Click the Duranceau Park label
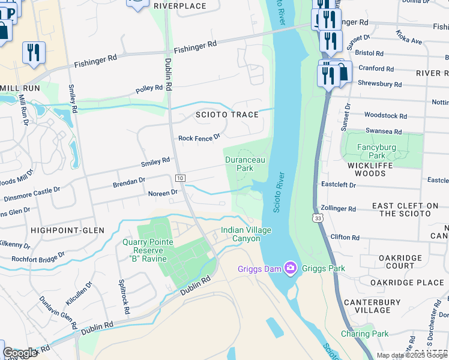(244, 164)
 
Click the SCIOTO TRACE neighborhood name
(227, 115)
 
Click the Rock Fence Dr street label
(200, 138)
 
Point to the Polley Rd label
(149, 88)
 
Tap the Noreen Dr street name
(163, 193)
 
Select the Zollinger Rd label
(339, 209)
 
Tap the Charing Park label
(364, 334)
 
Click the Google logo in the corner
(20, 353)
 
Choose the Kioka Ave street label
(409, 37)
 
